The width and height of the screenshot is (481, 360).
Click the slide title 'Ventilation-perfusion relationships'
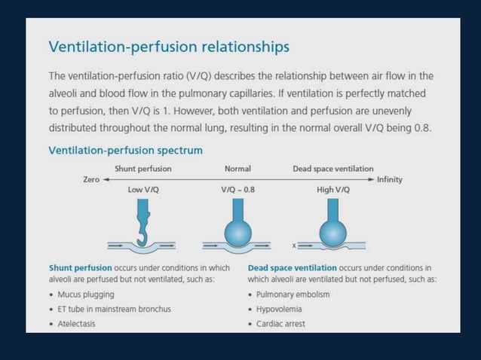tap(169, 47)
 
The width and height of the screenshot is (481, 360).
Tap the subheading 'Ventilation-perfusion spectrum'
tap(125, 151)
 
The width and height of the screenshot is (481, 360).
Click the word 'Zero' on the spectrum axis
tap(91, 180)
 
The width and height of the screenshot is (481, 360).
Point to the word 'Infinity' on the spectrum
tap(390, 180)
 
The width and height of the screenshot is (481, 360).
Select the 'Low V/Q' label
tap(143, 190)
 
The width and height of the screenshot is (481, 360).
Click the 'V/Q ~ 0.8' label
tap(237, 190)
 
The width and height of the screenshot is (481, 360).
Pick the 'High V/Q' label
tap(332, 190)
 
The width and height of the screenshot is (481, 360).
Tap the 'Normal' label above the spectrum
tap(237, 169)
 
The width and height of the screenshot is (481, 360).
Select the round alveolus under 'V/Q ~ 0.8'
tap(237, 231)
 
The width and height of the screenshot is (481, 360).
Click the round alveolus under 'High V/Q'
tap(332, 233)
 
